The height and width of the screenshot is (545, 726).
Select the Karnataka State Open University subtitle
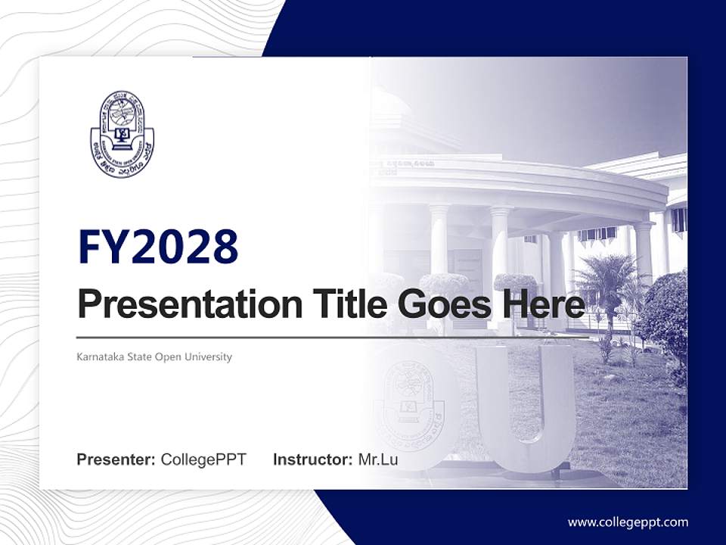click(x=154, y=357)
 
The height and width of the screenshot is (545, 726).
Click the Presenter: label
click(x=116, y=459)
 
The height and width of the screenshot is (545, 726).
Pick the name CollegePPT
click(x=203, y=459)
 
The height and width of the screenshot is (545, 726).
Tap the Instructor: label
click(x=312, y=459)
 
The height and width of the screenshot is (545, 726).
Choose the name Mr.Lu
click(x=378, y=459)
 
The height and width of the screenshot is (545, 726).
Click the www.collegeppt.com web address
click(x=628, y=522)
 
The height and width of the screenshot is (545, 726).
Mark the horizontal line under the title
click(x=333, y=338)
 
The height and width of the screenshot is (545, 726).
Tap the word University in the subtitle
click(x=210, y=357)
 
